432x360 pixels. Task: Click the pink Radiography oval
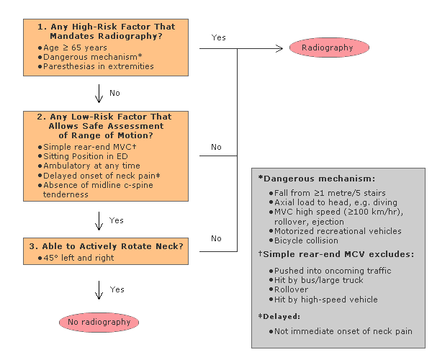click(329, 48)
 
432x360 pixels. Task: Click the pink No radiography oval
click(99, 322)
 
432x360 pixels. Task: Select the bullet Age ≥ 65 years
click(73, 48)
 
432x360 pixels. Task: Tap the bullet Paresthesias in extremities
click(96, 66)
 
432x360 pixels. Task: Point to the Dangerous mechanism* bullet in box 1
click(90, 57)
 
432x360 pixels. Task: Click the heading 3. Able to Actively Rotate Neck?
click(106, 246)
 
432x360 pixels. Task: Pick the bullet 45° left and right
click(76, 258)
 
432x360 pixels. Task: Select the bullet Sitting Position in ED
click(83, 156)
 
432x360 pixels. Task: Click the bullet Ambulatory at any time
click(89, 166)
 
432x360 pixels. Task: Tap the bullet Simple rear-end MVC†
click(87, 147)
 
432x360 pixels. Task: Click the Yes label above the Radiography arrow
click(218, 37)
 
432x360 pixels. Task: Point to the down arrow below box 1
click(99, 94)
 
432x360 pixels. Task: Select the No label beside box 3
click(216, 238)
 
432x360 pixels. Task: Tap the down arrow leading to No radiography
click(99, 290)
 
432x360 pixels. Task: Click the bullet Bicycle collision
click(304, 240)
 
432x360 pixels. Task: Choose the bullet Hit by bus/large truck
click(316, 280)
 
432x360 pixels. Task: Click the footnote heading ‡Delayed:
click(279, 316)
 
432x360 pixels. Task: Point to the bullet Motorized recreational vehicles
click(336, 231)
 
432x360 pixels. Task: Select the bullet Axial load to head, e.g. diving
click(333, 202)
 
